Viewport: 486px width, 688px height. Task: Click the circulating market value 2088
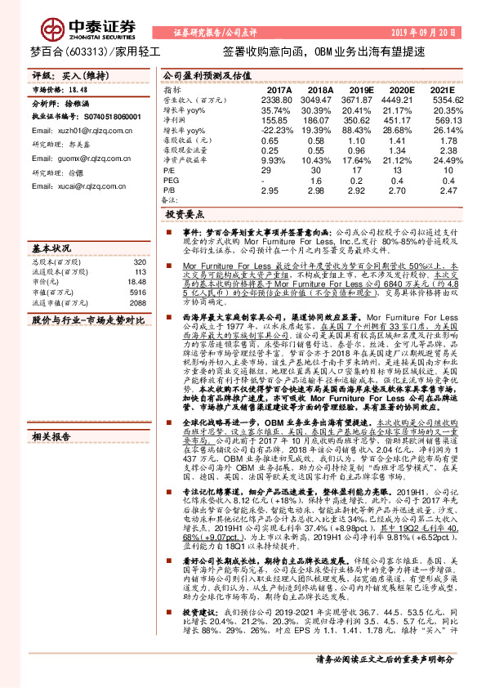(x=137, y=302)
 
